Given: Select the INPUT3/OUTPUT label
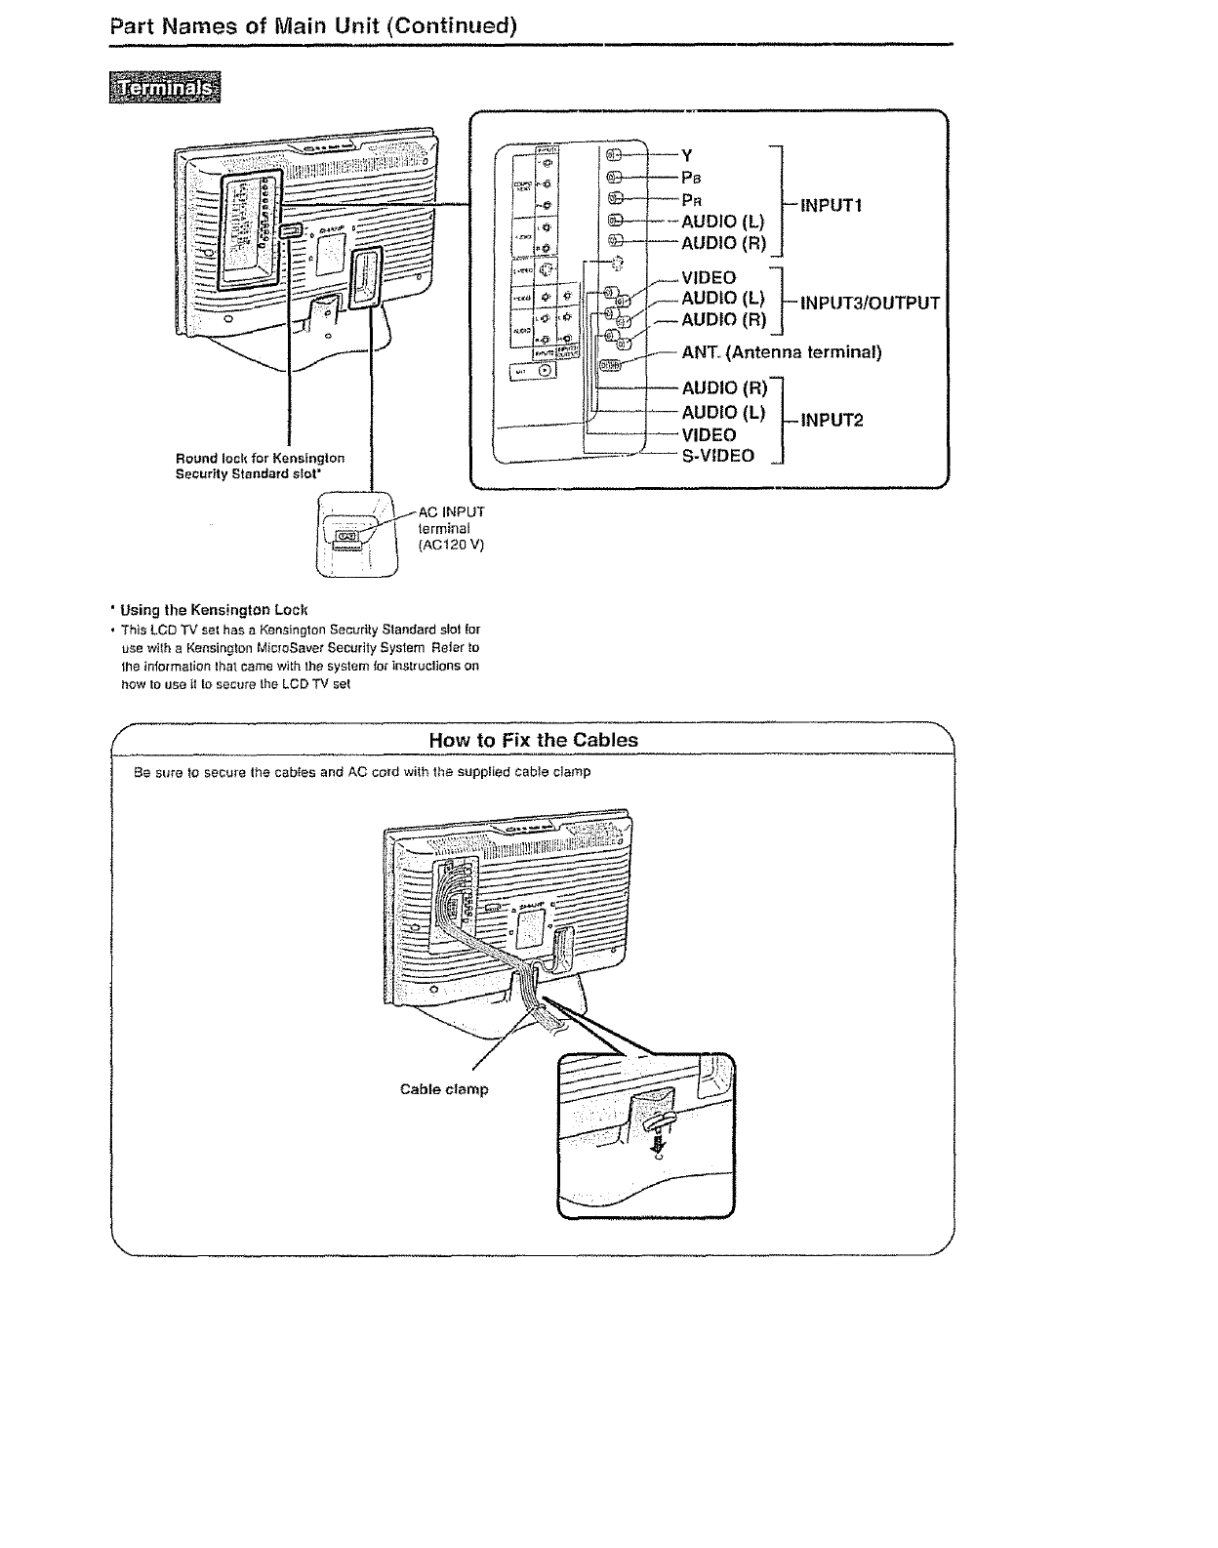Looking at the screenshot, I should coord(870,303).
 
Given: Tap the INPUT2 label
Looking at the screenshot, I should coord(832,421).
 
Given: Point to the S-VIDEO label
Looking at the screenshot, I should coord(717,456).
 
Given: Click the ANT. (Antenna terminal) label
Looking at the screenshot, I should coord(781,352).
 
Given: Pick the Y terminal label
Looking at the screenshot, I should coord(686,155).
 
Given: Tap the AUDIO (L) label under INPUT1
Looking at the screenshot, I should coord(722,222).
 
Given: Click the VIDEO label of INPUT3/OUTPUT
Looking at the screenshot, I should coord(709,278).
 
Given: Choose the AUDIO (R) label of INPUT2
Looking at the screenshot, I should coord(724,389).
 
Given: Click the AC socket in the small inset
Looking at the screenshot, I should coord(347,537).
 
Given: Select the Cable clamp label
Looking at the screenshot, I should coord(444,1089).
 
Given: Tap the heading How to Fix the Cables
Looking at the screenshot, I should coord(533,740).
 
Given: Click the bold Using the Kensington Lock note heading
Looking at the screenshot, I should coord(215,610).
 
